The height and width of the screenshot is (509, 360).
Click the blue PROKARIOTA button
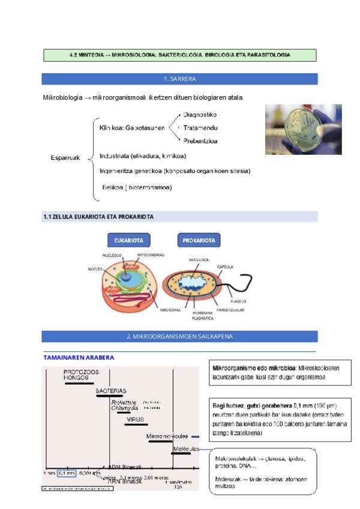[x=199, y=240]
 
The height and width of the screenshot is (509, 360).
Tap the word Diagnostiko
[x=199, y=114]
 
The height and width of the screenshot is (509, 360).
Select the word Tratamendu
[x=200, y=127]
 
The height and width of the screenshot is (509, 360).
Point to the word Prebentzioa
[x=200, y=141]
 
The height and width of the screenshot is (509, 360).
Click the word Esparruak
[x=65, y=158]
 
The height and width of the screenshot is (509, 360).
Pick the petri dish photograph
[x=303, y=129]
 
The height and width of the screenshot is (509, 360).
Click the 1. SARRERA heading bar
[x=179, y=79]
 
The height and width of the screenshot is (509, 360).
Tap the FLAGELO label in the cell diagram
[x=238, y=301]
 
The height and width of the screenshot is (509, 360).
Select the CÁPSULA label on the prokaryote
[x=225, y=267]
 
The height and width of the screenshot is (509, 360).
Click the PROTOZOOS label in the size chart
[x=82, y=372]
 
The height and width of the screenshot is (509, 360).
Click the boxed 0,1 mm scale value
[x=67, y=473]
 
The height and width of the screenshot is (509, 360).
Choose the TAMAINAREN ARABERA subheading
[x=79, y=357]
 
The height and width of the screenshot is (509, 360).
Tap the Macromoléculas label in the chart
[x=167, y=436]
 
